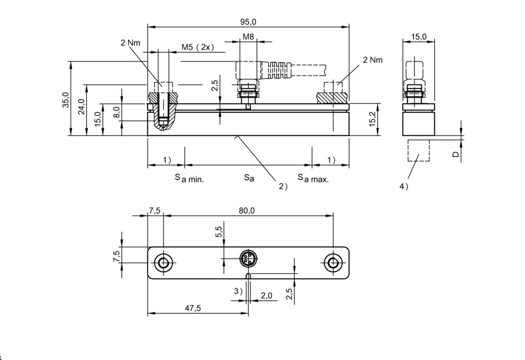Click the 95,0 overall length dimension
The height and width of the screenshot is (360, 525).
(x=248, y=22)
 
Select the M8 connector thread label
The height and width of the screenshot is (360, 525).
(x=248, y=37)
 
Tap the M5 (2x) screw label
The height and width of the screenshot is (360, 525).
(x=197, y=47)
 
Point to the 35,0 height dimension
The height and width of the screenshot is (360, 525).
(x=65, y=100)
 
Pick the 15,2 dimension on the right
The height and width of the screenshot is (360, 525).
(x=373, y=119)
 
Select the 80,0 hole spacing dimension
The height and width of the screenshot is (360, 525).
(x=247, y=210)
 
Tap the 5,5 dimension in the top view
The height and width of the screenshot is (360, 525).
(x=218, y=232)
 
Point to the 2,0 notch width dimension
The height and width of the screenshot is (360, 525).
(x=266, y=296)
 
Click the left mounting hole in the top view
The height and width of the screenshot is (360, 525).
(x=164, y=263)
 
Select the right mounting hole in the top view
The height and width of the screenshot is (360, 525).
(x=333, y=263)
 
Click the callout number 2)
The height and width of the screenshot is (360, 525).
(x=283, y=186)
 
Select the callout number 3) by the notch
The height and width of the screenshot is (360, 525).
(x=238, y=291)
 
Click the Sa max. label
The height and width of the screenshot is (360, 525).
(x=313, y=178)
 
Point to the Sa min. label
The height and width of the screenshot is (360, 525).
(x=189, y=178)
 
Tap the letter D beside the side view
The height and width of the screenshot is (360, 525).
(x=455, y=155)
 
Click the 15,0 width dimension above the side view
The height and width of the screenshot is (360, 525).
(x=418, y=37)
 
